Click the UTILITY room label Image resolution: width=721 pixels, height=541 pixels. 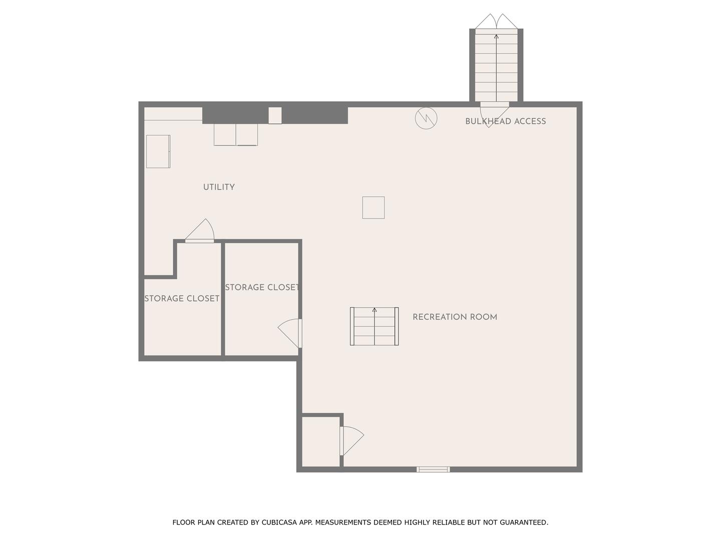219,187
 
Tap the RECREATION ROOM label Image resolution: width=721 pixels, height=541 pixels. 455,317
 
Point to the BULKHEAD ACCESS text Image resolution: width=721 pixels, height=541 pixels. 506,121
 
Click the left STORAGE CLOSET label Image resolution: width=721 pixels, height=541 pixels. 182,298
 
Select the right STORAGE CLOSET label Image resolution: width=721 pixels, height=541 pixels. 262,288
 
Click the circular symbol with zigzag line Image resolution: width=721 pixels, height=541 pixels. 426,118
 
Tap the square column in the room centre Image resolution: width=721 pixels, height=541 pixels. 374,207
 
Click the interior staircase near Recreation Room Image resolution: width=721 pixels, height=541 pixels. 375,326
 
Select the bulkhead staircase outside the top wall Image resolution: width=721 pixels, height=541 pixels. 496,65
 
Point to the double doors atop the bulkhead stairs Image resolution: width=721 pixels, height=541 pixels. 496,22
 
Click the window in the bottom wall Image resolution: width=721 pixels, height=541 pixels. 433,469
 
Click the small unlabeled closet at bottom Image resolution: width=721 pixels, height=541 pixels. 320,441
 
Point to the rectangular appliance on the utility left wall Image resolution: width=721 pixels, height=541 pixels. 158,151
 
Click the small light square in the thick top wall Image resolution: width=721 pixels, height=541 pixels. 275,115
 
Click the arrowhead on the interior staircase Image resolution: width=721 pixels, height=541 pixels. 375,310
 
